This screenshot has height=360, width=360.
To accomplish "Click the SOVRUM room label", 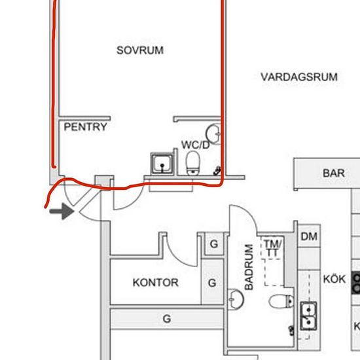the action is pyautogui.click(x=140, y=50).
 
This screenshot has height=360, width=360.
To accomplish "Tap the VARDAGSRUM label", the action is pyautogui.click(x=299, y=77).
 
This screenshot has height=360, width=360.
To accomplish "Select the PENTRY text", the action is pyautogui.click(x=85, y=127).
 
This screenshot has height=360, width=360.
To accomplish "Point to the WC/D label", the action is pyautogui.click(x=196, y=145).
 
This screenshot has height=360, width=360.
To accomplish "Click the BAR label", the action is pyautogui.click(x=334, y=173).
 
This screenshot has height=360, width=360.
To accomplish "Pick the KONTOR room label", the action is pyautogui.click(x=155, y=282).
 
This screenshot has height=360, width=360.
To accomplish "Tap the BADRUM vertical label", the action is pyautogui.click(x=249, y=267).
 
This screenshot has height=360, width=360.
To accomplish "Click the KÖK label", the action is pyautogui.click(x=334, y=279).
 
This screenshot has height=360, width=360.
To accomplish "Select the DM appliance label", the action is pyautogui.click(x=309, y=236).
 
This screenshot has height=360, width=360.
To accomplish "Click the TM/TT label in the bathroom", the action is pyautogui.click(x=272, y=248).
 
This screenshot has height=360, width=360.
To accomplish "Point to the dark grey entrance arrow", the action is pyautogui.click(x=62, y=211).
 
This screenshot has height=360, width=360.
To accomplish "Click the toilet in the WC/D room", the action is pyautogui.click(x=192, y=163).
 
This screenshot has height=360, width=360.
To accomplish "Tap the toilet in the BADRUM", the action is pyautogui.click(x=281, y=301).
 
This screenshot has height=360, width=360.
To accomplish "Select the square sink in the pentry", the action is pyautogui.click(x=162, y=164).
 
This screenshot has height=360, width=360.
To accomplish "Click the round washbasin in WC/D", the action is pyautogui.click(x=213, y=134).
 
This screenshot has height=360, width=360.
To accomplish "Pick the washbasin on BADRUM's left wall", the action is pyautogui.click(x=236, y=299).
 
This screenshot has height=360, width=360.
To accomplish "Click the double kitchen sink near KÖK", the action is pyautogui.click(x=308, y=316).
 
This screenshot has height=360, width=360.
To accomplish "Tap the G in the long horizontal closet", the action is pyautogui.click(x=167, y=319).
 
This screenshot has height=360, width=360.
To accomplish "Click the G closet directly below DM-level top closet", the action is pyautogui.click(x=212, y=283).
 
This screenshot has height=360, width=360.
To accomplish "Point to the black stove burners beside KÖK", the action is pyautogui.click(x=355, y=283).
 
